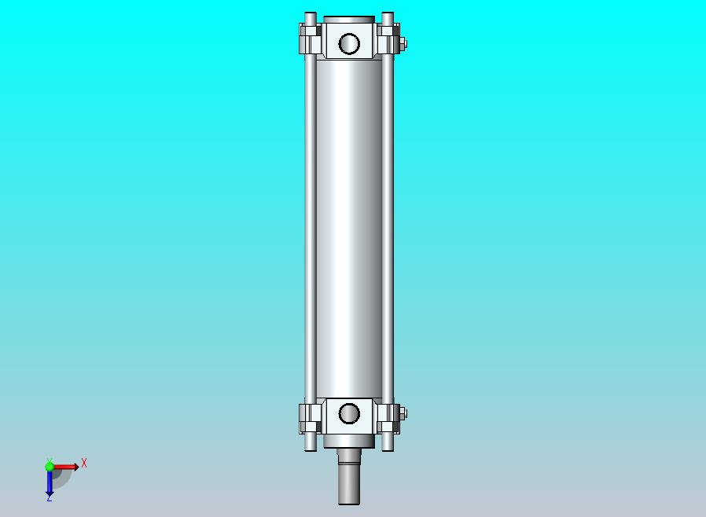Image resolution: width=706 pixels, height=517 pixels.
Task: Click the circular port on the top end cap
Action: coord(349,44)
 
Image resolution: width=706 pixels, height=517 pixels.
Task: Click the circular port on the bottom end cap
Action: coord(349,413)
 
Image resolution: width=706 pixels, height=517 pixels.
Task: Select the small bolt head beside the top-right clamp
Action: coord(403,44)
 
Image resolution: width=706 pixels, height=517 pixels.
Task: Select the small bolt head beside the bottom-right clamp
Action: coord(403,413)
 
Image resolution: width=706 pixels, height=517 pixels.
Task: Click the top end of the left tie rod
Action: coord(311,14)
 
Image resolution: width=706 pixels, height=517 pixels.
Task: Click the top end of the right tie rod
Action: coord(388,14)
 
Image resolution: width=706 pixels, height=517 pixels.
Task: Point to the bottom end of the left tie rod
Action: coord(311,449)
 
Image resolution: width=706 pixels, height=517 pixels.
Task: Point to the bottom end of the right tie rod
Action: coord(388,449)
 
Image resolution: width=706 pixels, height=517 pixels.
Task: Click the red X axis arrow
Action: coord(64,467)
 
